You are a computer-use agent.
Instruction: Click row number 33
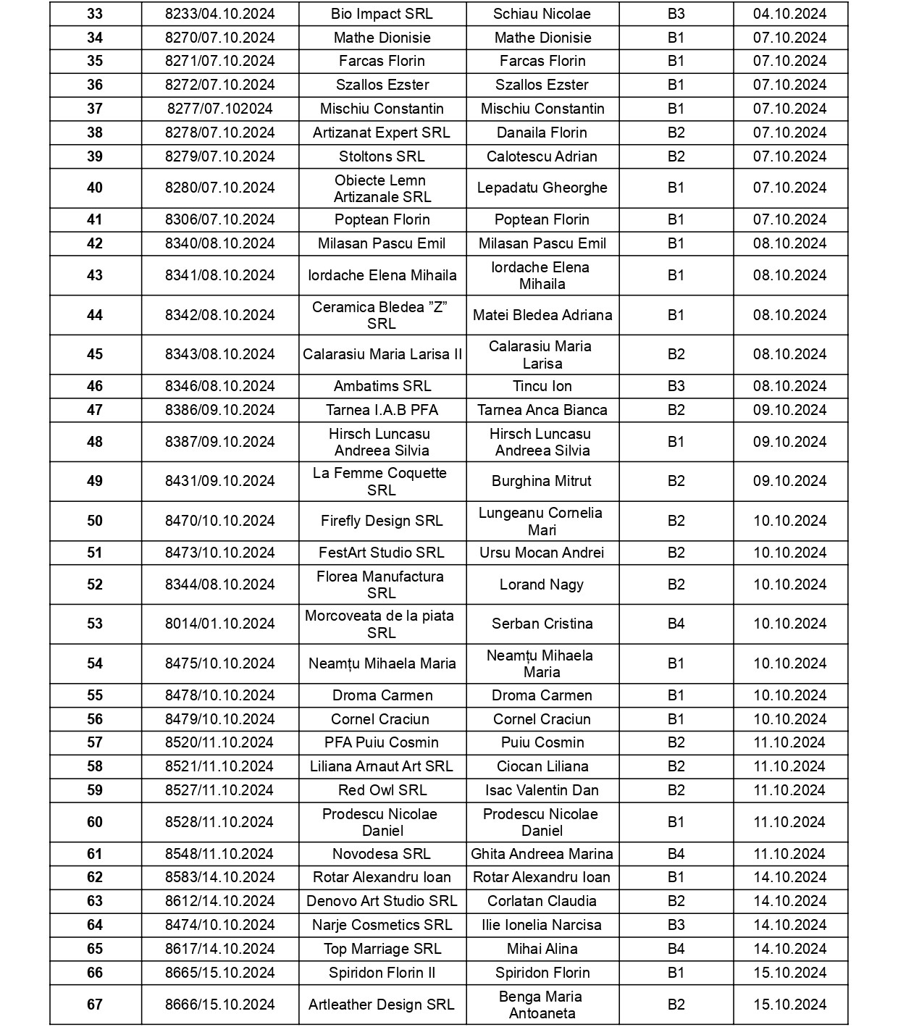[x=95, y=14]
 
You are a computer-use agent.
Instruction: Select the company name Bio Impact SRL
[x=381, y=14]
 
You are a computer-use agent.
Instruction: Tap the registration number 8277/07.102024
[x=219, y=109]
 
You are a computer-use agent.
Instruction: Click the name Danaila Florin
[x=542, y=133]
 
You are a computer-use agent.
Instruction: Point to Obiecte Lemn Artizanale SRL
[x=382, y=188]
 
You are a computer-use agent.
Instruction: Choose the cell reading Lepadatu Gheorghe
[x=542, y=188]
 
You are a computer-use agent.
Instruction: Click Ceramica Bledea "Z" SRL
[x=381, y=315]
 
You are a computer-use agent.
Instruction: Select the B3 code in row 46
[x=676, y=386]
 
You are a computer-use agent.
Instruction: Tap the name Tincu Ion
[x=542, y=386]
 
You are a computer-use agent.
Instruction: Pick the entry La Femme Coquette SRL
[x=381, y=481]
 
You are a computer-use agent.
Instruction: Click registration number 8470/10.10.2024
[x=219, y=521]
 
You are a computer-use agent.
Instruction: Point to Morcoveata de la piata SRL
[x=381, y=624]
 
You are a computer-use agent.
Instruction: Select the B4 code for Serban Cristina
[x=676, y=624]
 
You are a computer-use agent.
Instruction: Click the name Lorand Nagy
[x=542, y=584]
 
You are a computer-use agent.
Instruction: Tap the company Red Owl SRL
[x=382, y=790]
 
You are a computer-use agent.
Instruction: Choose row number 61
[x=95, y=854]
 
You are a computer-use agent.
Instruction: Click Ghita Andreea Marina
[x=542, y=854]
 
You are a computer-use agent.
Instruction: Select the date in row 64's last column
[x=789, y=925]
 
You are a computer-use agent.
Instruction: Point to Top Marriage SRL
[x=382, y=949]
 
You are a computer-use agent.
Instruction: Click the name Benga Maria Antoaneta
[x=542, y=1005]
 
